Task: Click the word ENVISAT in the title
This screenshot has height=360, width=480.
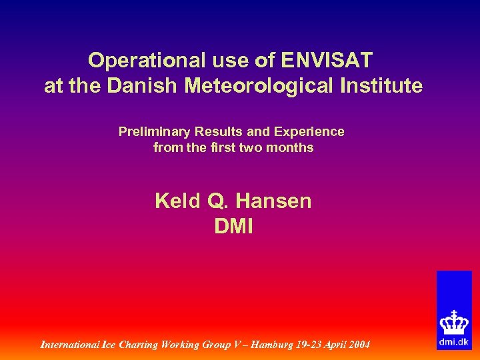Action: [x=327, y=61]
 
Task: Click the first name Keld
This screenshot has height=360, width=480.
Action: [x=173, y=201]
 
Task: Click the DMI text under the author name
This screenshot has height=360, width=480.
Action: [x=233, y=227]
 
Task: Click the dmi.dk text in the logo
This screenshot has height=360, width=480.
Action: [x=454, y=342]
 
